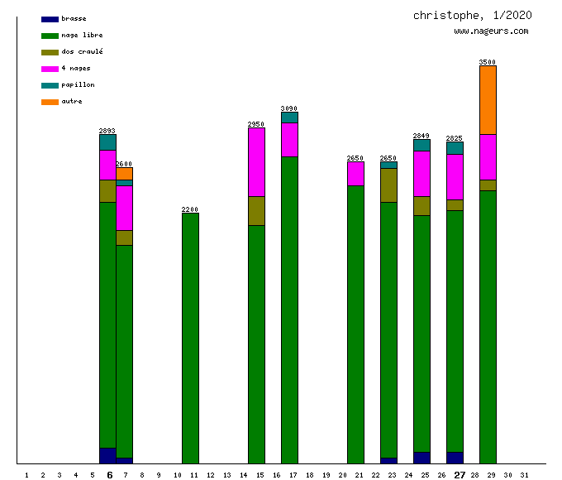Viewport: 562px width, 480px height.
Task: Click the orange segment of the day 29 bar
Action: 488,99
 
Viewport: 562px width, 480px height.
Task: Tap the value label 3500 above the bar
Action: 488,62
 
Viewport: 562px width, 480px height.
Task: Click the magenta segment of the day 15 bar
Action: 256,161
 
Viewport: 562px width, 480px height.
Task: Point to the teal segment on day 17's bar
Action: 289,118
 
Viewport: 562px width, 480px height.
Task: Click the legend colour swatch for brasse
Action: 50,19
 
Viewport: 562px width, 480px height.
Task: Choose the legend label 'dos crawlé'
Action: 82,52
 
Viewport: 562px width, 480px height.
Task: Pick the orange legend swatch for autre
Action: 50,102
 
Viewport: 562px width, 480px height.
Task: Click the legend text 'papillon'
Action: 78,85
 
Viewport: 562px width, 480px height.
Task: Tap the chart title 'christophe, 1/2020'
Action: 472,16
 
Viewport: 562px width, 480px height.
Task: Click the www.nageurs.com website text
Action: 491,31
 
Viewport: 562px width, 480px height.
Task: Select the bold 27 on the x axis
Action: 460,475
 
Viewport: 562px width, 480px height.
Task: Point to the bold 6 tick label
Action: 109,475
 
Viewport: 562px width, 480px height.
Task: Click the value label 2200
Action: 190,209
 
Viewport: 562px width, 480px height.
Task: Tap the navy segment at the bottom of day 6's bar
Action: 107,455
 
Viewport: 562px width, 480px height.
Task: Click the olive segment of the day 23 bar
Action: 388,185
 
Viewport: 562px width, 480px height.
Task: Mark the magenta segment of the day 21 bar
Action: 355,173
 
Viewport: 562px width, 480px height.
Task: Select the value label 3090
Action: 289,108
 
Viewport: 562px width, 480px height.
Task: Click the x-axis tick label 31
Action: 524,475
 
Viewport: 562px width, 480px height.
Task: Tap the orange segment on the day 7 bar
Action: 124,173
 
